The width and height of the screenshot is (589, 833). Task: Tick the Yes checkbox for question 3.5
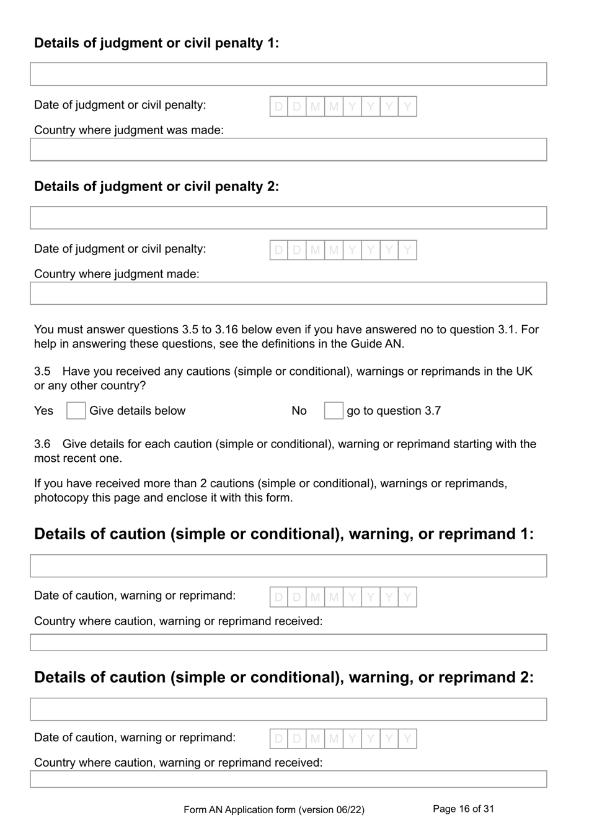point(76,411)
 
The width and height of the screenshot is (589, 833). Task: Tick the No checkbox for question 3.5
point(334,411)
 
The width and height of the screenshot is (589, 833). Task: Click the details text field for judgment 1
point(288,74)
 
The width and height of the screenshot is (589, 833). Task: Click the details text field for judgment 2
point(288,218)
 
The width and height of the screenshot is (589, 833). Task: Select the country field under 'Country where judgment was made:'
point(288,150)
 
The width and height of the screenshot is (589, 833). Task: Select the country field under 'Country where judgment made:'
point(288,294)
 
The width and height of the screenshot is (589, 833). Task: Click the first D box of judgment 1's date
point(279,107)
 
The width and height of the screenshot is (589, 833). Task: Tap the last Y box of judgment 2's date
point(407,250)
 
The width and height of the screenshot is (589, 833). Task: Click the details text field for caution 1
point(288,566)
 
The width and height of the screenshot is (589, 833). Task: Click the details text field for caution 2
point(288,709)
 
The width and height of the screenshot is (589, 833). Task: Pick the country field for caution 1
point(288,642)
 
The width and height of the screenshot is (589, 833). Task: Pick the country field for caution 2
point(288,779)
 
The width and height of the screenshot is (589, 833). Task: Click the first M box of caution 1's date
point(316,597)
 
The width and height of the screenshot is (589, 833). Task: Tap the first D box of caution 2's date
point(279,739)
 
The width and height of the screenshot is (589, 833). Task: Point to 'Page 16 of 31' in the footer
point(463,809)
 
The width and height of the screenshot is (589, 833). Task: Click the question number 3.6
point(42,444)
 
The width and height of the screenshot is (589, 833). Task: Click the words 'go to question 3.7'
point(394,411)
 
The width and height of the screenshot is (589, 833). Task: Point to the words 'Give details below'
point(137,411)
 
